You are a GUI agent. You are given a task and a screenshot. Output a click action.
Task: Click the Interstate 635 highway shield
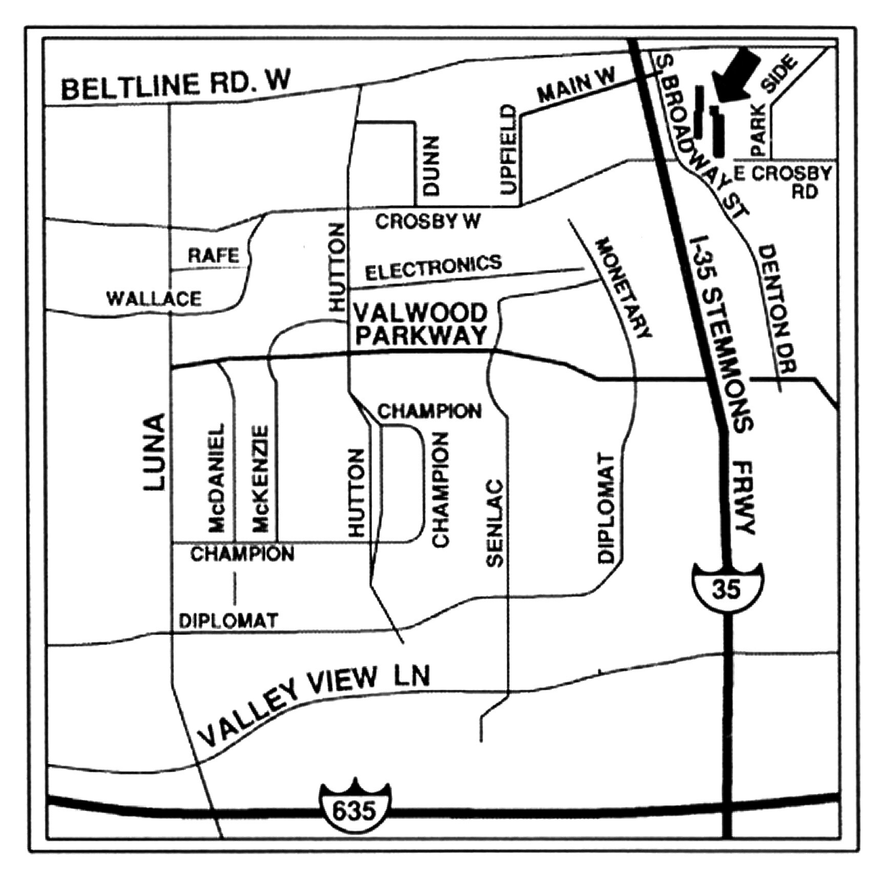(x=355, y=808)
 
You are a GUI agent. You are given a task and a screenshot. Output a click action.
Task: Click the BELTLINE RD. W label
(x=176, y=86)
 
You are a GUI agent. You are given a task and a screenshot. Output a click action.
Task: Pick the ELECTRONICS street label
(x=433, y=267)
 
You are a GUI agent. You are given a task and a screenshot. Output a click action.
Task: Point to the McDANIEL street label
(x=216, y=476)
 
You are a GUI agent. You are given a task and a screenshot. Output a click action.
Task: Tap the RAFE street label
(x=214, y=255)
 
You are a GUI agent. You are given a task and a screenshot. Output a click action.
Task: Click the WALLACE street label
(x=154, y=299)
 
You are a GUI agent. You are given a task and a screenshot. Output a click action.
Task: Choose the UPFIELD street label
(x=508, y=150)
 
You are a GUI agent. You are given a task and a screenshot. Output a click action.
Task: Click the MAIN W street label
(x=576, y=86)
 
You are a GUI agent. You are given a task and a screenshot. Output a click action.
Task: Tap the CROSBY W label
(x=428, y=221)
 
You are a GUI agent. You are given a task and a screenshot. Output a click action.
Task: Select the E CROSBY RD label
(x=783, y=181)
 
